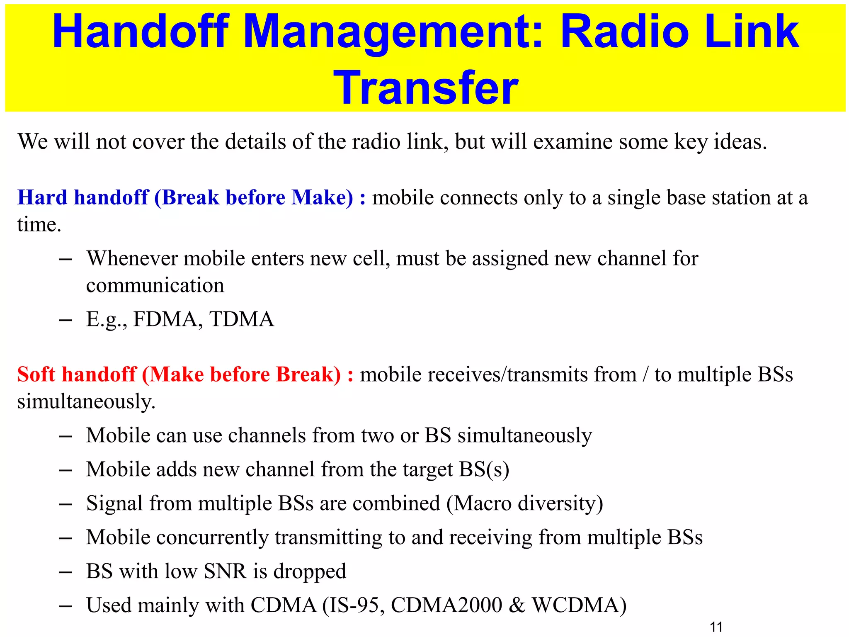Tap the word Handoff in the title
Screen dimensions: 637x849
(141, 32)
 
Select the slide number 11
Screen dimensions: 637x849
(716, 627)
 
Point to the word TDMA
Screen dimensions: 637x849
(241, 320)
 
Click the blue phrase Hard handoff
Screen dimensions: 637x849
(83, 197)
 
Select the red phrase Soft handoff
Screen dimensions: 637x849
(77, 374)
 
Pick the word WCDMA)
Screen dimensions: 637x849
(579, 605)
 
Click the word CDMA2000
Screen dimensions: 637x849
(446, 605)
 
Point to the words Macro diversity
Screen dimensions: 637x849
(524, 503)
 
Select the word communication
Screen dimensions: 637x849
(155, 286)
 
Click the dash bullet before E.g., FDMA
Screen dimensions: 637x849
(65, 321)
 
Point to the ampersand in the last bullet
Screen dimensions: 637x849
(517, 605)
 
